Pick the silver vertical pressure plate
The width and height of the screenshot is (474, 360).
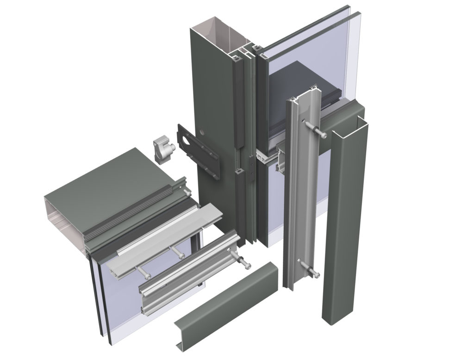pyautogui.click(x=296, y=194)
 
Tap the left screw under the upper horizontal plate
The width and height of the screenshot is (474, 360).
pyautogui.click(x=143, y=273)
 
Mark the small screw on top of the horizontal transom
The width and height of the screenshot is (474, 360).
pyautogui.click(x=186, y=191)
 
